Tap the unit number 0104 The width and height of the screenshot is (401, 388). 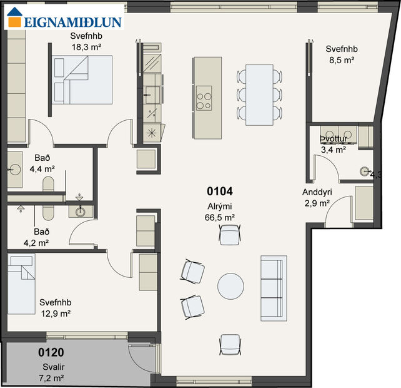coord(221,191)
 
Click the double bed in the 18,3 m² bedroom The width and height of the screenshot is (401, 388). coord(82,79)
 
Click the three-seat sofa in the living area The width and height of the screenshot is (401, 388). coord(274,288)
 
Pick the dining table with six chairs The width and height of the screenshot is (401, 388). coord(259,94)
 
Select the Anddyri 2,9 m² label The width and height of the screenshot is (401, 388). coord(316,198)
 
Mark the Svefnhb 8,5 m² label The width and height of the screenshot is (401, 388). coord(340,55)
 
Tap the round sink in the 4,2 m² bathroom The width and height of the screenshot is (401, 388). coord(79,211)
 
